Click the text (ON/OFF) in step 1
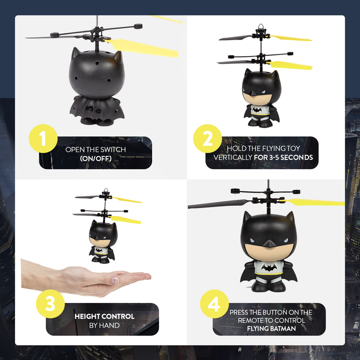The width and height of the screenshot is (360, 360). coord(96,159)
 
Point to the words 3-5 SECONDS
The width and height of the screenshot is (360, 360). coord(283,157)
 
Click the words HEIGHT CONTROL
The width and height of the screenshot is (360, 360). coord(104,316)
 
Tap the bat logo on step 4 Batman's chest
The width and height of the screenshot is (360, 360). coord(268,267)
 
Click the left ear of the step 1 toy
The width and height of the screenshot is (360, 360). coord(77,53)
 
